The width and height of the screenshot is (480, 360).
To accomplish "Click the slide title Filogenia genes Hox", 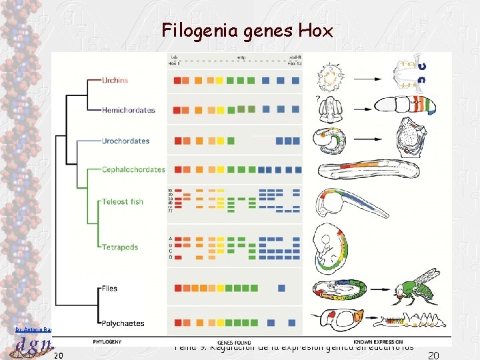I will pos(247,31).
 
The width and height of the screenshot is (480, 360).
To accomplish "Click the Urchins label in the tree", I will pos(115,81).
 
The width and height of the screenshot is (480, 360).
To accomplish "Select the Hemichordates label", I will pos(128,110).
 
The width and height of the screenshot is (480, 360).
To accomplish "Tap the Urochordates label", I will pos(125,141).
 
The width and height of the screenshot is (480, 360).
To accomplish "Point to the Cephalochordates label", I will pos(133,169).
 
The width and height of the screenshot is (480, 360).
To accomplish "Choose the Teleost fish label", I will pos(123,201).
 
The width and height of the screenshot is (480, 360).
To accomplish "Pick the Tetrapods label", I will pos(120,247).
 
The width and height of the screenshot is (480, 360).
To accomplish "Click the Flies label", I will pos(109,289).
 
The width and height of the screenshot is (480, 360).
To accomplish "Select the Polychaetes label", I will pos(123,323).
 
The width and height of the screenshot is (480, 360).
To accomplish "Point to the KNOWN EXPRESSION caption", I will pos(378,342).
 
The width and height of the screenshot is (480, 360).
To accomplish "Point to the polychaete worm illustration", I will pos(407,320).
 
